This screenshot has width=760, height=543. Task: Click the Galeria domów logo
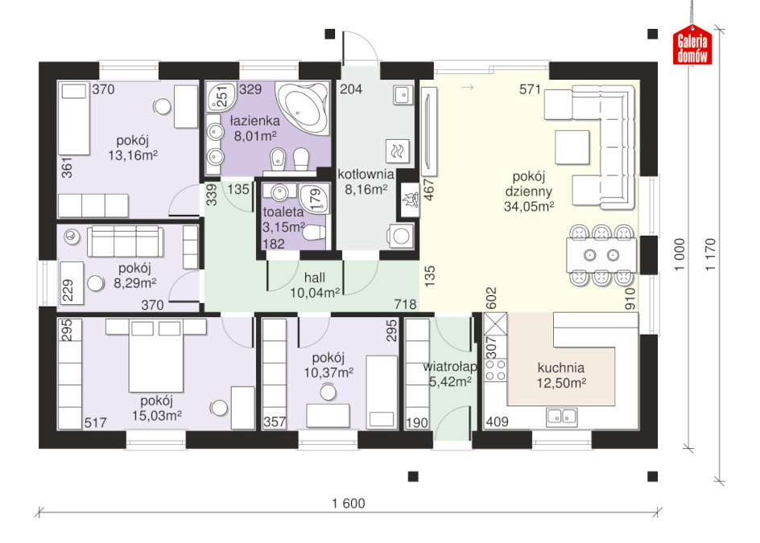coord(692,45)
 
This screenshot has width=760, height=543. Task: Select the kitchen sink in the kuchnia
coord(561,416)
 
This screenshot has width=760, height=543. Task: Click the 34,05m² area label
coord(529,207)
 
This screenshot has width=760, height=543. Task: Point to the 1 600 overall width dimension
coord(349,504)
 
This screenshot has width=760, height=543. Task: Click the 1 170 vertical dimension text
coord(710,254)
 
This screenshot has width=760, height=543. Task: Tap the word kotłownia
coord(366,175)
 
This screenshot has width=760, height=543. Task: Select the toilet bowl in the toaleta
coord(314,233)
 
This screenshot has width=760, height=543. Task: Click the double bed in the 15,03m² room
coord(156,356)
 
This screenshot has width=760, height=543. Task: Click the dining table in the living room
coord(601,255)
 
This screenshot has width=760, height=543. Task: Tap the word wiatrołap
coord(450,367)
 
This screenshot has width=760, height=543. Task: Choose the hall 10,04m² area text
coord(315,285)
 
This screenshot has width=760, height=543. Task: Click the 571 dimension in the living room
coord(530,89)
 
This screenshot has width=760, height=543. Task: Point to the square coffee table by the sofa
coord(572,148)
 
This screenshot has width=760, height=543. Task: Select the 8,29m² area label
coord(134,283)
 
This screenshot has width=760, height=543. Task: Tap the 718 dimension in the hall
coord(405,304)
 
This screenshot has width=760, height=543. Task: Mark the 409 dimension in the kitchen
coord(498,422)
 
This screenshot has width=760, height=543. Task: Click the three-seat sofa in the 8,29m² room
coord(125,241)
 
